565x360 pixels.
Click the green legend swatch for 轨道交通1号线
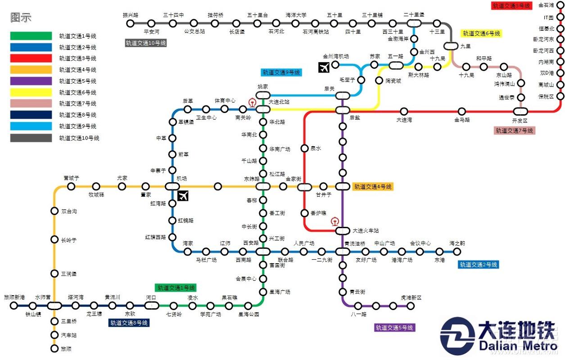point(31,36)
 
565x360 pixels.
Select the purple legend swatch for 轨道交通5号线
point(31,81)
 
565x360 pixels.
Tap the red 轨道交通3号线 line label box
point(511,6)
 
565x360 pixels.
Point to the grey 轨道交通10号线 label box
point(146,43)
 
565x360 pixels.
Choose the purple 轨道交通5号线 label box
point(394,328)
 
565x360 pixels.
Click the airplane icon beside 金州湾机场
point(324,67)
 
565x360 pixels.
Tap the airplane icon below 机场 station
point(183,196)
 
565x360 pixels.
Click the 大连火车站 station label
point(366,230)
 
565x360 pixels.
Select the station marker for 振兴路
point(131,23)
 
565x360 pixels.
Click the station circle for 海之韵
point(457,252)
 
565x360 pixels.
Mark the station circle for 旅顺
point(54,348)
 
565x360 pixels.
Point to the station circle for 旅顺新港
point(14,306)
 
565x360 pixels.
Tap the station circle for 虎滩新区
point(411,306)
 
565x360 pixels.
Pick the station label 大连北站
point(279,102)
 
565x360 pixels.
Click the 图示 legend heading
point(21,18)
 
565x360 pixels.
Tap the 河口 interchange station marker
point(151,306)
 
